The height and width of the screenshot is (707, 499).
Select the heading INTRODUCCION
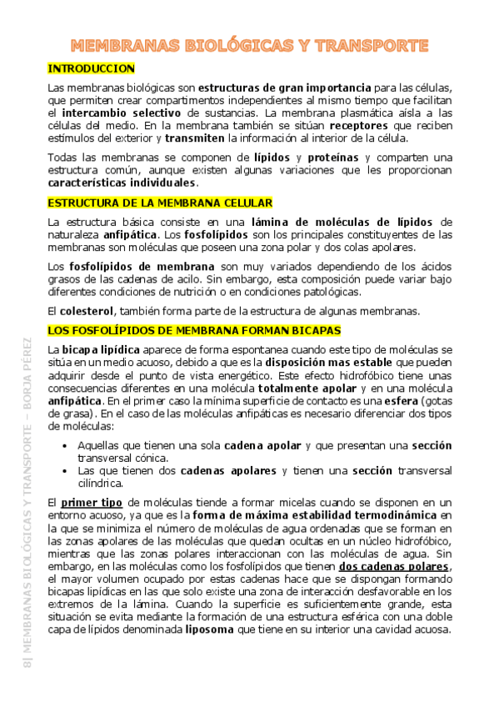(92, 68)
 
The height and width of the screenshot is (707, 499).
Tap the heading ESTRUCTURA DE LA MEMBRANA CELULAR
(160, 203)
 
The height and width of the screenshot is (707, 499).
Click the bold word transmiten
(195, 138)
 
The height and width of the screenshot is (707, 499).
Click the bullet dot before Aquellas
(67, 446)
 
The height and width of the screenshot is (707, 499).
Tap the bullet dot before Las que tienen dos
(67, 471)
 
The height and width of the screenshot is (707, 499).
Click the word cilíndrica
(100, 483)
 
